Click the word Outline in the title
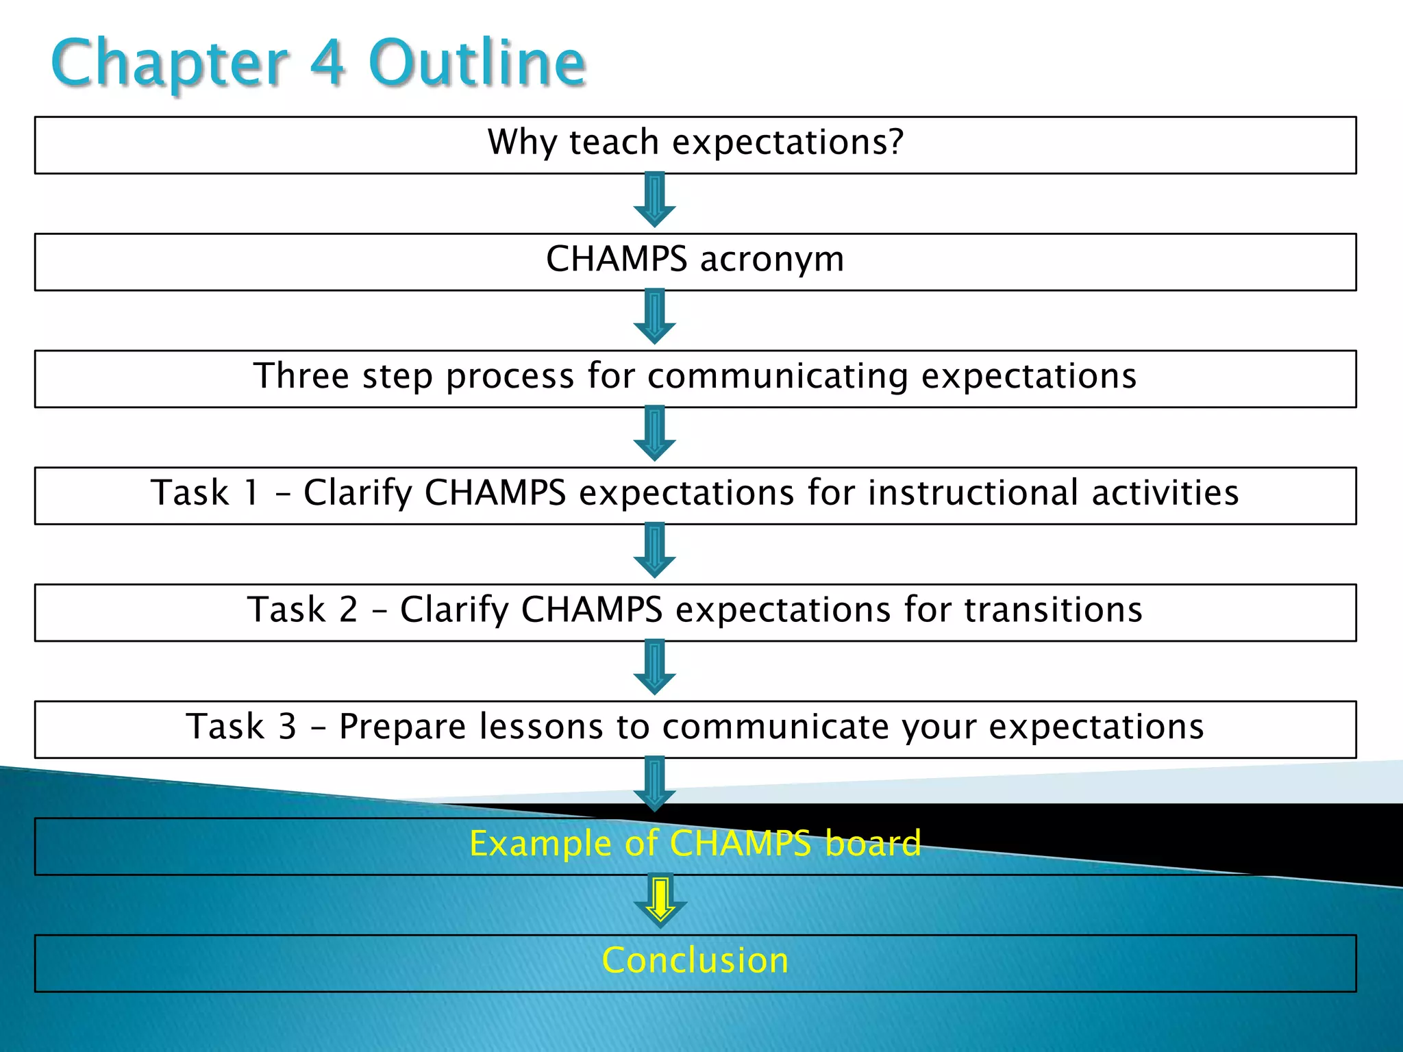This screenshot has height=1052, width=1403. [x=477, y=63]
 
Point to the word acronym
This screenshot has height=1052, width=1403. [x=772, y=260]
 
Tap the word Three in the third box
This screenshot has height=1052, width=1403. [x=301, y=375]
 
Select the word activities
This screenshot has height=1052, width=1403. [x=1165, y=493]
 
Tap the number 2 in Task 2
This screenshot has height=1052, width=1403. [x=348, y=610]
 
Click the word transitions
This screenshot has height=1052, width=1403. [x=1053, y=610]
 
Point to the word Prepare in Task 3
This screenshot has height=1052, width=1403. [x=402, y=727]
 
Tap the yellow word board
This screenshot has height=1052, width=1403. [x=873, y=843]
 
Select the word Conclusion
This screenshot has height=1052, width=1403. [x=695, y=960]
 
